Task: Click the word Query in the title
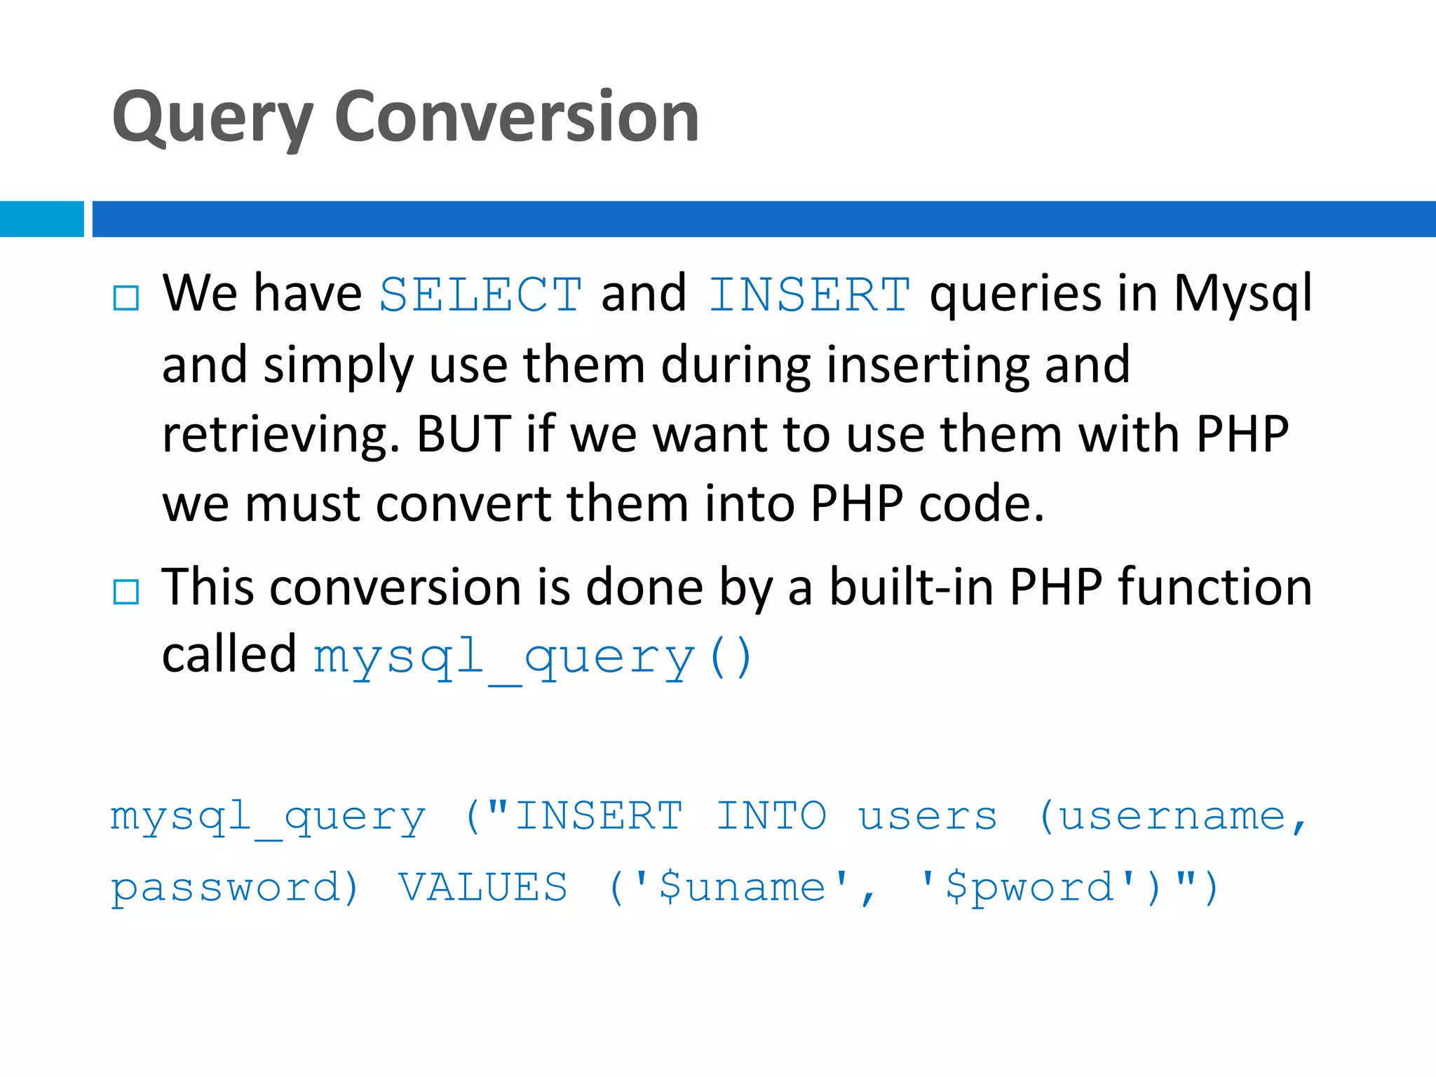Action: (212, 118)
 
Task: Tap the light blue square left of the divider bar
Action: (41, 219)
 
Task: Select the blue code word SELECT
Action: (480, 294)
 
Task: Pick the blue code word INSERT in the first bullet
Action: (809, 294)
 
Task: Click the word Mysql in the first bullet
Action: (1242, 294)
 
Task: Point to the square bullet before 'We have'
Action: (126, 297)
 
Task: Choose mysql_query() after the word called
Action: (533, 658)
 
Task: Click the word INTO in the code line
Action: (771, 816)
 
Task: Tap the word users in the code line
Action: (927, 816)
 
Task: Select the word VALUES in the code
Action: (483, 887)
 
